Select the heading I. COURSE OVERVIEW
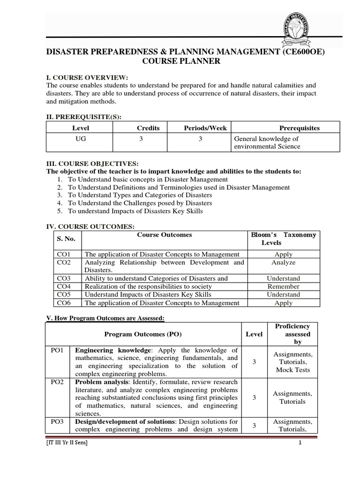(87, 77)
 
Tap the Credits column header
(148, 128)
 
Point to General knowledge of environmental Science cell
(267, 142)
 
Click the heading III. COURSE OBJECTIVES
(91, 163)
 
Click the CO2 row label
(63, 262)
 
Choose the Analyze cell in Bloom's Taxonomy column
(283, 262)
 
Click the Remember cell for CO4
(283, 286)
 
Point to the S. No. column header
(66, 239)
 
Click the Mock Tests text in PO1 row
(292, 370)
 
